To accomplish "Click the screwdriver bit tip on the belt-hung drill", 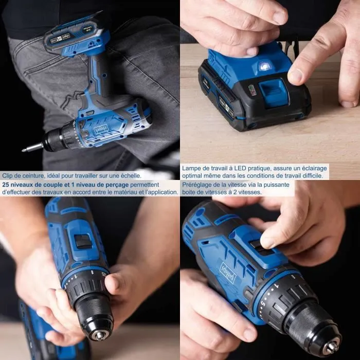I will click(25, 150).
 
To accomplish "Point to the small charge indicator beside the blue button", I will click(252, 90).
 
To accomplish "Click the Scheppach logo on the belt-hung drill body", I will click(102, 127).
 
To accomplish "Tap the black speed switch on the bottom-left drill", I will click(83, 241).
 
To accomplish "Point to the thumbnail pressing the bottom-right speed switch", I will click(266, 241).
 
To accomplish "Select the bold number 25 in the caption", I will click(6, 184).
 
